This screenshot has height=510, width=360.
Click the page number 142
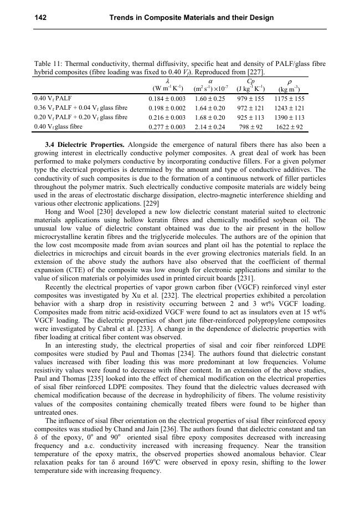(x=40, y=18)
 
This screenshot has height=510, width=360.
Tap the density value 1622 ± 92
(x=289, y=127)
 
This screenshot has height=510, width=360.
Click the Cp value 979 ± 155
(x=250, y=99)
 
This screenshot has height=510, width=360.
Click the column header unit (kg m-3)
(x=289, y=89)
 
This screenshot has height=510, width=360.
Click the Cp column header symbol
(x=250, y=81)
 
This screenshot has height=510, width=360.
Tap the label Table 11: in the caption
(x=48, y=64)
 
